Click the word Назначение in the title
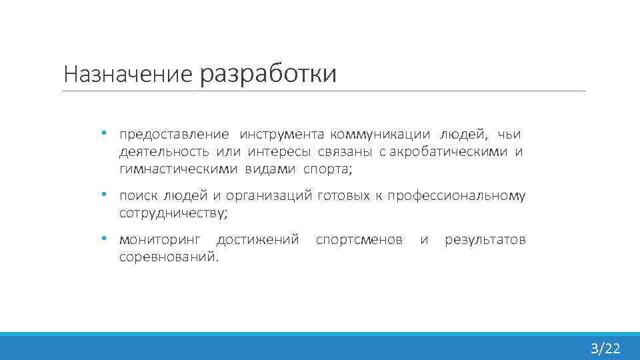tap(127, 73)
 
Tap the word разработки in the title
tap(268, 73)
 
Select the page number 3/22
tap(605, 347)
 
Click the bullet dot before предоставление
tap(104, 133)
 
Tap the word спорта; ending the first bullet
tap(327, 169)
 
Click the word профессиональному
tap(457, 196)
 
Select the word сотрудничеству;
tap(173, 213)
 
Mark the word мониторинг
tap(159, 239)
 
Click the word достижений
tap(258, 239)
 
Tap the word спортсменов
tap(359, 239)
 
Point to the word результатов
tap(485, 239)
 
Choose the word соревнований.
tap(169, 256)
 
